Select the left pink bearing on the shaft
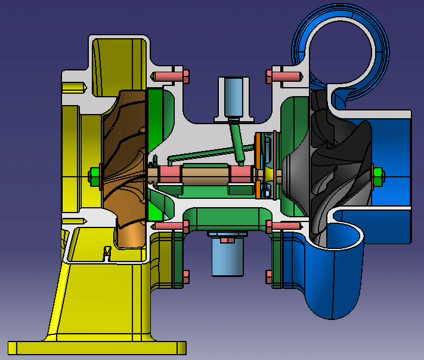point(169,175)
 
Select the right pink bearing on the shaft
point(241,175)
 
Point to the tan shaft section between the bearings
point(206,175)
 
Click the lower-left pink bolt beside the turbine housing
point(172,225)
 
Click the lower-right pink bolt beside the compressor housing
point(284,225)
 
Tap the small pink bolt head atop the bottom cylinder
point(227,240)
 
